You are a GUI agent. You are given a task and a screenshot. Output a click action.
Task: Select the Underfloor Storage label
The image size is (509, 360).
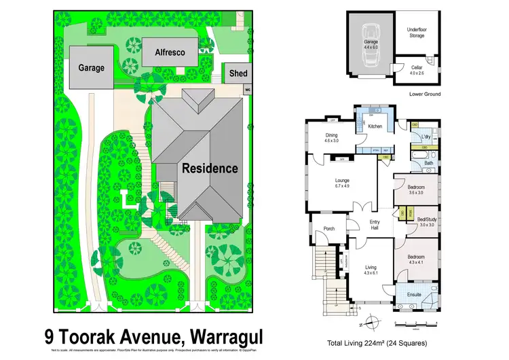[417, 33]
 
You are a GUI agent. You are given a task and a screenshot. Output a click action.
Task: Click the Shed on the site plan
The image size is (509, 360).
[238, 73]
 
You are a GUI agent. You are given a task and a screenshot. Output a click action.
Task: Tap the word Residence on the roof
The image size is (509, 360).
[209, 168]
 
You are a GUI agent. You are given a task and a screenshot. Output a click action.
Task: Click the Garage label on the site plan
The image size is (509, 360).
[91, 68]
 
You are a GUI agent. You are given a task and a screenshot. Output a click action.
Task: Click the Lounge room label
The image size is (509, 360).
[341, 182]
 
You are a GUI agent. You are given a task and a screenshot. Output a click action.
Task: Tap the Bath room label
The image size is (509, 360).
[428, 163]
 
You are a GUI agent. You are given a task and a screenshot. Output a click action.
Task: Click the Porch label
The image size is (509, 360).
[330, 229]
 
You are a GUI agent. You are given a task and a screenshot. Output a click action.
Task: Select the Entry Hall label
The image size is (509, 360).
[374, 224]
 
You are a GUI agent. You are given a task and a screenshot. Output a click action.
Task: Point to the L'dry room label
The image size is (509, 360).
[426, 137]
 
